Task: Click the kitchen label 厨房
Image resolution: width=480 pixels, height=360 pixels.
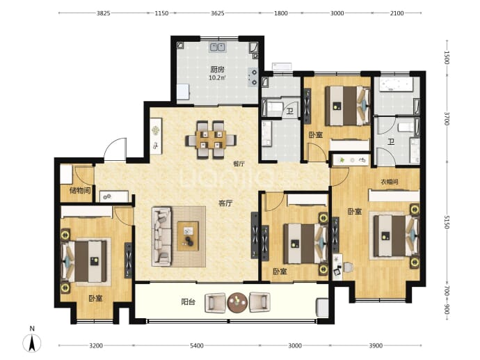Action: click(x=217, y=70)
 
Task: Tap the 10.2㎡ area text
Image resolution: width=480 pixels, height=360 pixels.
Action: click(x=217, y=78)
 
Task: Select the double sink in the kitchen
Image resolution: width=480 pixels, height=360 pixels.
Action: click(x=218, y=47)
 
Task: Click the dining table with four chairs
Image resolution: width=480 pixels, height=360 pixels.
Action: click(x=211, y=140)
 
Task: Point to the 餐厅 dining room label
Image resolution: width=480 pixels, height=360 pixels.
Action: click(x=239, y=164)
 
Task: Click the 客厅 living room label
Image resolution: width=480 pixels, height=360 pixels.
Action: click(x=225, y=203)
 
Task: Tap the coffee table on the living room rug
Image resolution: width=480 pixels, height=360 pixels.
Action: click(x=188, y=237)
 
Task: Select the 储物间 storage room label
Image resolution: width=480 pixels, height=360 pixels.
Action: click(x=80, y=191)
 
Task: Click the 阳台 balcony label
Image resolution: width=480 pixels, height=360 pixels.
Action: click(x=188, y=302)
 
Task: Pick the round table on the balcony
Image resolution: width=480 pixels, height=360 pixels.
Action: click(x=237, y=302)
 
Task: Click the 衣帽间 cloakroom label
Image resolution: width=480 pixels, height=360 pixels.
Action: click(x=390, y=182)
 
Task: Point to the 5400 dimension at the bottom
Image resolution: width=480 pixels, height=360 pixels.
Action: click(x=197, y=345)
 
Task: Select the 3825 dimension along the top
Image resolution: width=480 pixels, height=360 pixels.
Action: click(x=104, y=13)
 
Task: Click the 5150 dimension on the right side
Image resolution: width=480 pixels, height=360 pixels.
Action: click(x=447, y=222)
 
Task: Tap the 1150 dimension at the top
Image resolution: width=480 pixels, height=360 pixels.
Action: click(x=161, y=13)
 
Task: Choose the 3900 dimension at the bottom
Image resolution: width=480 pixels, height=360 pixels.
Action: click(x=376, y=345)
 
